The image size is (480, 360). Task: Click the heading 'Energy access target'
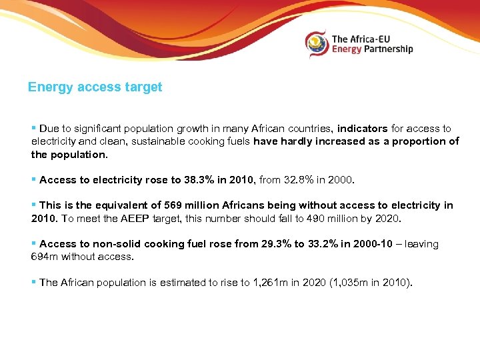[95, 87]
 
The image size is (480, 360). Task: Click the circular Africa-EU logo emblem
[317, 44]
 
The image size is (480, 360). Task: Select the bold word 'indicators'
[362, 129]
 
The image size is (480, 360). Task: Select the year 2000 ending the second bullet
[343, 180]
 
